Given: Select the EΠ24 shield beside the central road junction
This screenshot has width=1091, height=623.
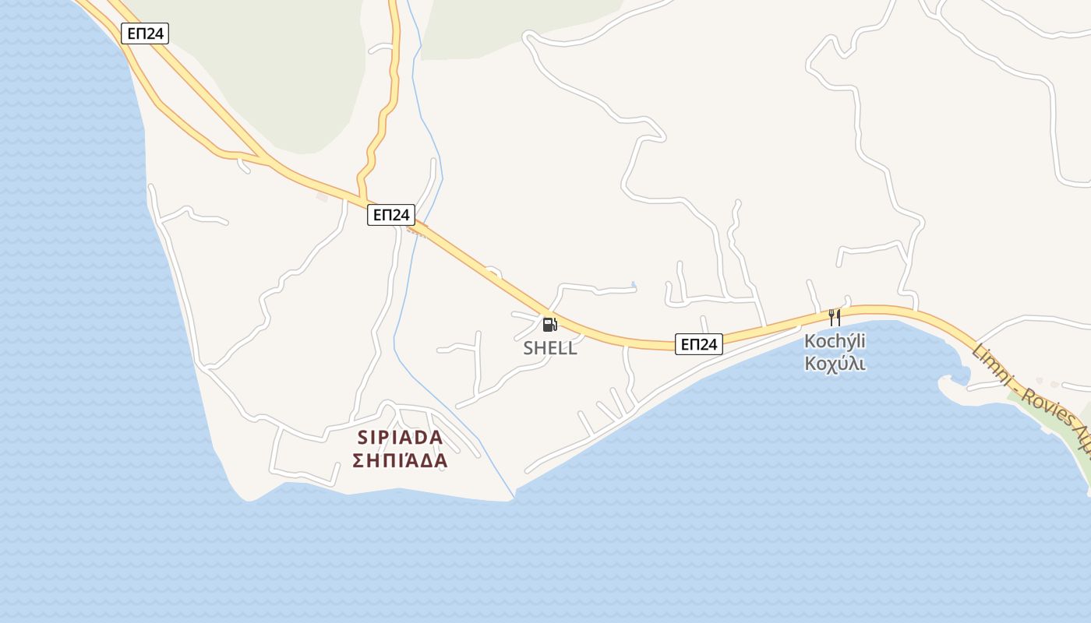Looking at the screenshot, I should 391,215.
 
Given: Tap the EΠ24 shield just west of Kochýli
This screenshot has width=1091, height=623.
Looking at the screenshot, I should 699,343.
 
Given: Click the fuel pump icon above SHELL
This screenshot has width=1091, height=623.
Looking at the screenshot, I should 550,325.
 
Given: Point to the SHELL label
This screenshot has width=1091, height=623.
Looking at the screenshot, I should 550,348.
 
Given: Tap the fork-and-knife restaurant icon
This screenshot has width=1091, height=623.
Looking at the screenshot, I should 835,317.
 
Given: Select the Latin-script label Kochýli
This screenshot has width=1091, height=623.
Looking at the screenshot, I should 835,341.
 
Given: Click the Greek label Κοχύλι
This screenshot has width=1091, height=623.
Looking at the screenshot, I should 835,364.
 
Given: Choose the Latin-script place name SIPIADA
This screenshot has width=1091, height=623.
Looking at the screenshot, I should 400,437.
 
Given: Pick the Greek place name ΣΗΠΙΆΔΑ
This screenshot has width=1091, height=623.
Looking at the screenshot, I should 400,461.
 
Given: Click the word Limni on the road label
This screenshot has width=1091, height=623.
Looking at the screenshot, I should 991,364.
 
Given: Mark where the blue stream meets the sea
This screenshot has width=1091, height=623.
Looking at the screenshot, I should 514,495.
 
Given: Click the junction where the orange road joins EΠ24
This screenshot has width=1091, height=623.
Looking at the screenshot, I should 363,201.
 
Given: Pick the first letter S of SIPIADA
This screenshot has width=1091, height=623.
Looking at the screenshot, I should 362,437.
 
